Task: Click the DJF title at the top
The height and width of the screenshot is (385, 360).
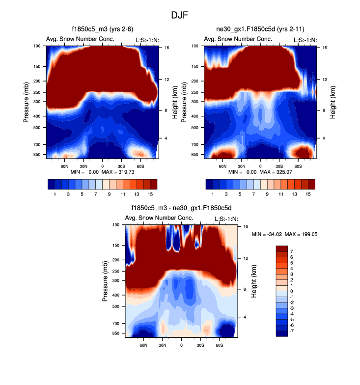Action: tap(180, 15)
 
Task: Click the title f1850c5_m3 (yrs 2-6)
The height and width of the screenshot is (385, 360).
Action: tap(102, 29)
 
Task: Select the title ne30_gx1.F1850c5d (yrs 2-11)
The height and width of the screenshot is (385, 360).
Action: tap(260, 29)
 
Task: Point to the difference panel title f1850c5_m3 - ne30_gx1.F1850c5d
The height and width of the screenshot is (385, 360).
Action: tap(181, 208)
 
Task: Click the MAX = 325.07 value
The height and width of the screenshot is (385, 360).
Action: tap(279, 172)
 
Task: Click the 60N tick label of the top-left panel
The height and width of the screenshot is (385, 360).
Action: tap(64, 166)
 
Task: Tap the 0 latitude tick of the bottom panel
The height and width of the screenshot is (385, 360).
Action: tap(181, 345)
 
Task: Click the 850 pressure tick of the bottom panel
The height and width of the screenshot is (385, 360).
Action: tap(116, 333)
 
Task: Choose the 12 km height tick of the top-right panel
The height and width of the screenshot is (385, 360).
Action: tap(325, 79)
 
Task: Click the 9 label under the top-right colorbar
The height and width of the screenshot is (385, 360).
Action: tap(267, 194)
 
